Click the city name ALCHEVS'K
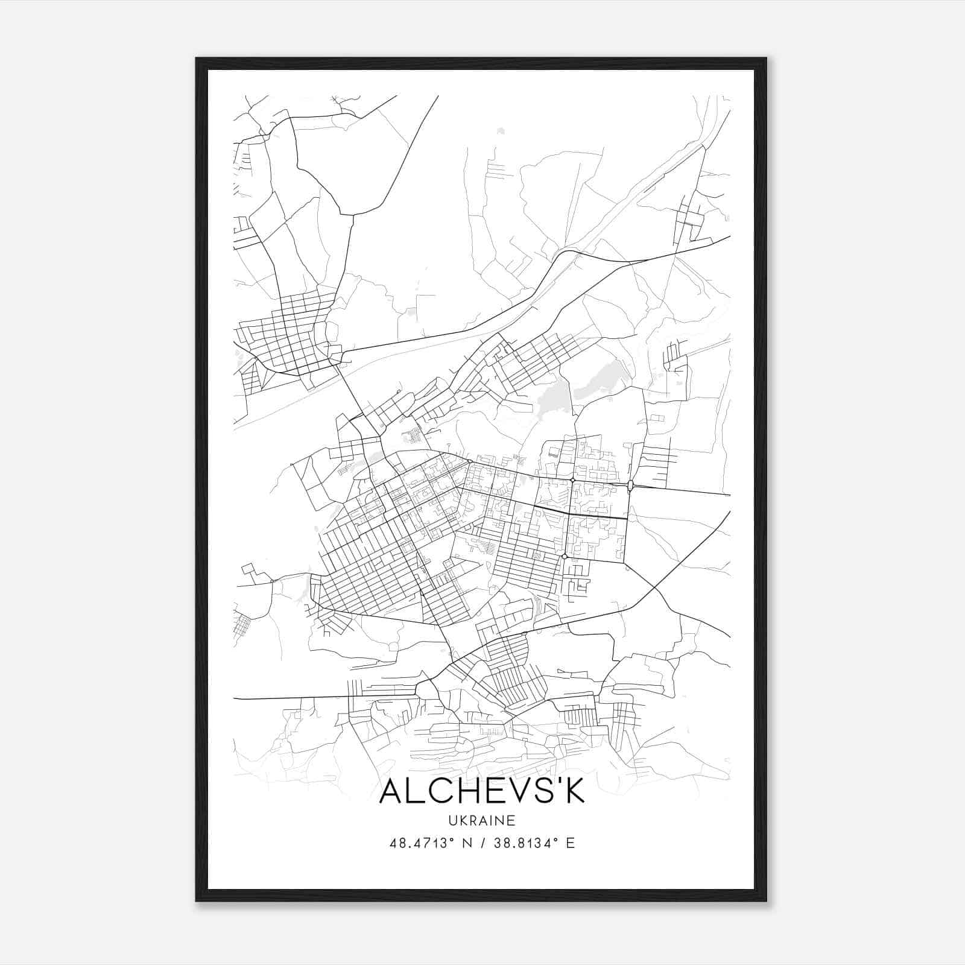coord(482,792)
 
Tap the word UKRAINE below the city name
coord(482,820)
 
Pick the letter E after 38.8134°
coord(571,843)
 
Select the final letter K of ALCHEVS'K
coord(574,792)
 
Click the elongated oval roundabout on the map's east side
coord(630,486)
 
